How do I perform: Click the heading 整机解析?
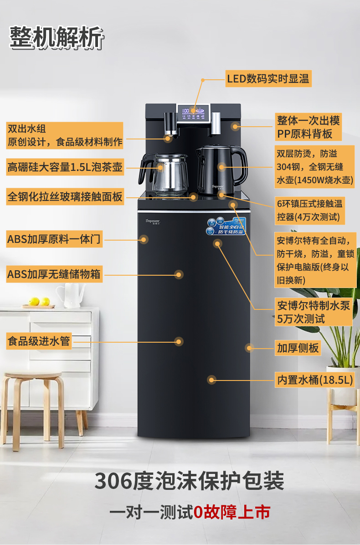(x=56, y=37)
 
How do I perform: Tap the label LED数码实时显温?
(x=268, y=79)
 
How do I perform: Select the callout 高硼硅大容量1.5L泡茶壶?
(x=65, y=167)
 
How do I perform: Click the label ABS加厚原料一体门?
(x=53, y=239)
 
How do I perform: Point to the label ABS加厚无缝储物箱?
(x=54, y=274)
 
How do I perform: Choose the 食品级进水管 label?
(x=39, y=341)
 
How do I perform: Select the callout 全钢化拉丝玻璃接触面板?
(x=65, y=197)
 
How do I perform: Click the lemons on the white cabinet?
(x=39, y=301)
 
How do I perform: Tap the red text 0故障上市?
(x=231, y=512)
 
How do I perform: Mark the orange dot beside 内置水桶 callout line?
(x=211, y=379)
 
